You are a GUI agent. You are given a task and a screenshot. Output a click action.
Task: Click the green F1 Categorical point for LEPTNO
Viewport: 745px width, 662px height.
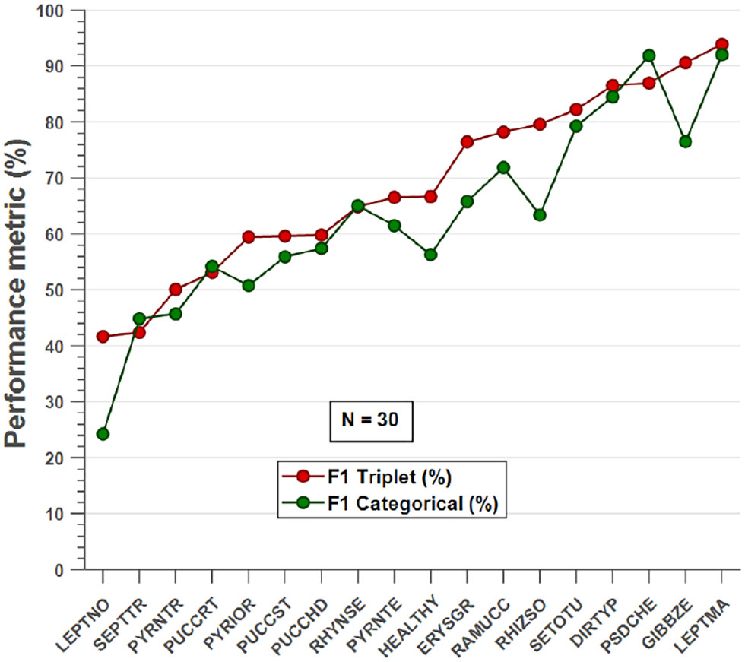pyautogui.click(x=103, y=434)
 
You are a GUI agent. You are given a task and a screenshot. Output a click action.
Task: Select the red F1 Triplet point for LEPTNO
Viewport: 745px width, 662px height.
pyautogui.click(x=103, y=336)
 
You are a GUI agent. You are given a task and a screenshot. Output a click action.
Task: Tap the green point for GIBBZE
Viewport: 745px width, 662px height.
pyautogui.click(x=686, y=141)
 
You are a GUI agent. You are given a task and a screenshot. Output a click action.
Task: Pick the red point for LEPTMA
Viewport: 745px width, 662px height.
pyautogui.click(x=721, y=44)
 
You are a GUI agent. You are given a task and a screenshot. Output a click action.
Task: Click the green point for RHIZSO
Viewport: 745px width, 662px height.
pyautogui.click(x=540, y=215)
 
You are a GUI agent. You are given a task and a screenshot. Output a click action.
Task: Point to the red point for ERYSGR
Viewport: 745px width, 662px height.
pyautogui.click(x=467, y=141)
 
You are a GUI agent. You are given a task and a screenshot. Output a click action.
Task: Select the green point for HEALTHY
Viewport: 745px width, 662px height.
pyautogui.click(x=431, y=255)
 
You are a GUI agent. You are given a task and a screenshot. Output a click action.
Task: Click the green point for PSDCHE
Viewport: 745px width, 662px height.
pyautogui.click(x=649, y=55)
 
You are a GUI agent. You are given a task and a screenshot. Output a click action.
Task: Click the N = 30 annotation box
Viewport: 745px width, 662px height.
pyautogui.click(x=371, y=420)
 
